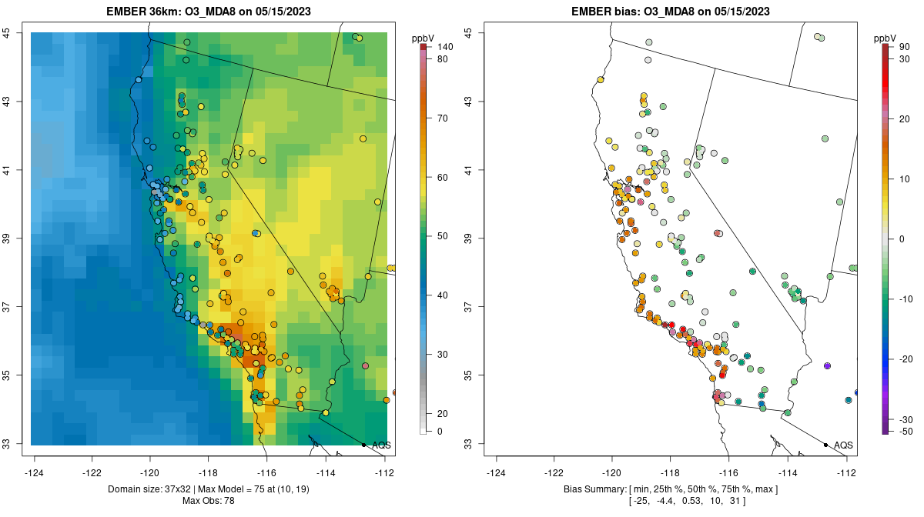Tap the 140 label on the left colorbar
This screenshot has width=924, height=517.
tap(444, 47)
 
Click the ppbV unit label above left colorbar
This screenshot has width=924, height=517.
tap(423, 38)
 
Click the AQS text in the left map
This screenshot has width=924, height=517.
tap(381, 445)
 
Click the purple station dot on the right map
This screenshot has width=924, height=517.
tap(827, 365)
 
